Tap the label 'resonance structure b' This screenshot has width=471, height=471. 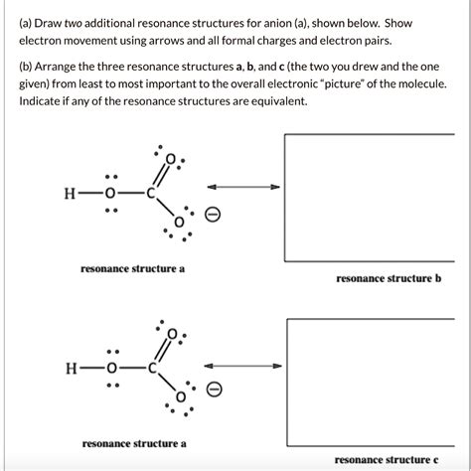389,280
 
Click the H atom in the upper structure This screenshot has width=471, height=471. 69,194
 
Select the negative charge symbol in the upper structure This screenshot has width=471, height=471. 211,217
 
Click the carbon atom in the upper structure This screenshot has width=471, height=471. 151,194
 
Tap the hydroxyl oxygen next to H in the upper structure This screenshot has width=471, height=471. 112,194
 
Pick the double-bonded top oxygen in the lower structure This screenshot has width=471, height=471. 174,334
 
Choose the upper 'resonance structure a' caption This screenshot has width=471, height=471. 133,268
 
